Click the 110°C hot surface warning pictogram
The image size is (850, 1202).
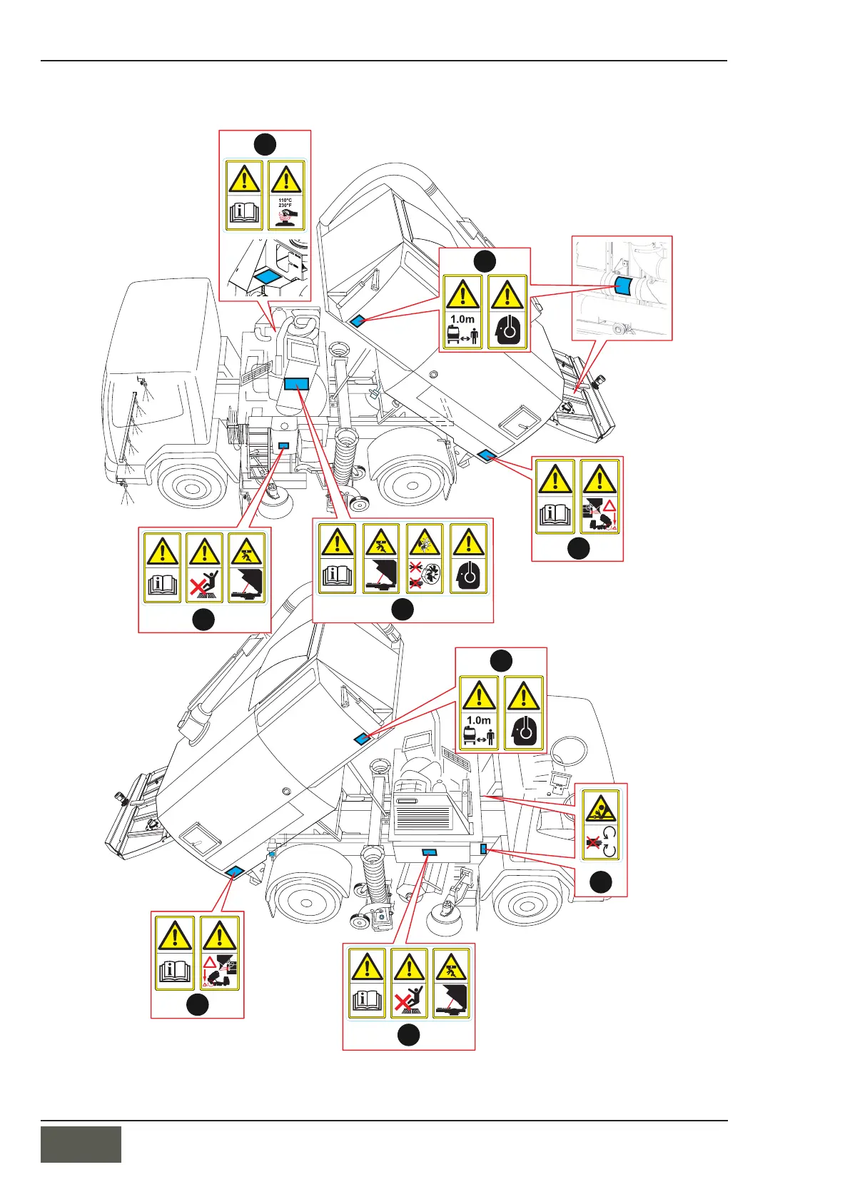(285, 194)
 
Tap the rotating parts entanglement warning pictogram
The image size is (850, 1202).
(601, 824)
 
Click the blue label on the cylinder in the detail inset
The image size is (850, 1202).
(623, 287)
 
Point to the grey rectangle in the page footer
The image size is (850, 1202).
(81, 1144)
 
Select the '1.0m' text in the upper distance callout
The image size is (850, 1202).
(462, 319)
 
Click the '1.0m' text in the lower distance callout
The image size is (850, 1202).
(479, 720)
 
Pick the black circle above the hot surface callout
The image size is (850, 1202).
(265, 143)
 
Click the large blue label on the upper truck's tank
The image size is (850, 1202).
(295, 383)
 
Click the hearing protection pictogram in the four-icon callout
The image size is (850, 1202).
(468, 559)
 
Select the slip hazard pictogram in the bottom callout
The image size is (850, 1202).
(410, 983)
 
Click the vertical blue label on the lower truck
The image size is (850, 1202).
(484, 848)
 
